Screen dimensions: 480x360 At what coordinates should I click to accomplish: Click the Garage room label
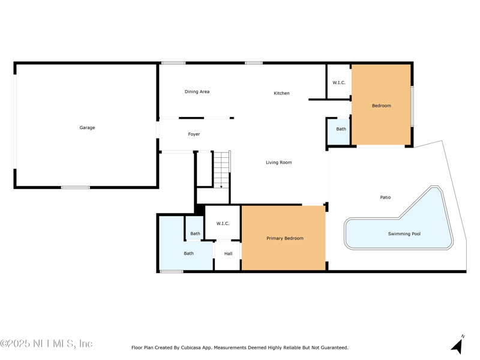pyautogui.click(x=87, y=128)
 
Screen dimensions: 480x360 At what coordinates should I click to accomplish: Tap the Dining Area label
pyautogui.click(x=197, y=92)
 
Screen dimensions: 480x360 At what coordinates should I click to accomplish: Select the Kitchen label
pyautogui.click(x=281, y=93)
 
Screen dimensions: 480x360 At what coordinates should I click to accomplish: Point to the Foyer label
pyautogui.click(x=194, y=134)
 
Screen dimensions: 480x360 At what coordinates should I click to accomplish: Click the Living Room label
pyautogui.click(x=279, y=163)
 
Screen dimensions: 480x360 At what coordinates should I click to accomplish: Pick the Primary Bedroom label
pyautogui.click(x=285, y=238)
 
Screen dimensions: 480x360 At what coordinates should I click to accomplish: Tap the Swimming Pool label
pyautogui.click(x=404, y=234)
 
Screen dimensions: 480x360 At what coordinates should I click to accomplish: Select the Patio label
pyautogui.click(x=385, y=197)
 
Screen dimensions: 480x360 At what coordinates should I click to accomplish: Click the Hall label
pyautogui.click(x=229, y=253)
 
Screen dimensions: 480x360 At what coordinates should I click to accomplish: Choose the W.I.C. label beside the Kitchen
pyautogui.click(x=339, y=83)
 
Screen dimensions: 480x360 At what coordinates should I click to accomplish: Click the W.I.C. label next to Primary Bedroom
pyautogui.click(x=223, y=223)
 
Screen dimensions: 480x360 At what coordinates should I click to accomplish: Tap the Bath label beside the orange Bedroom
pyautogui.click(x=341, y=129)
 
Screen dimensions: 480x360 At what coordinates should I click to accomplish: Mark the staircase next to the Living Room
pyautogui.click(x=221, y=169)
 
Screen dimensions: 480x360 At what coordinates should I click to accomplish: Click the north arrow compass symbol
pyautogui.click(x=457, y=344)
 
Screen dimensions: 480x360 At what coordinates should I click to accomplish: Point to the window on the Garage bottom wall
pyautogui.click(x=76, y=187)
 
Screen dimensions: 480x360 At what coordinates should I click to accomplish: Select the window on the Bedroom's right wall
pyautogui.click(x=412, y=106)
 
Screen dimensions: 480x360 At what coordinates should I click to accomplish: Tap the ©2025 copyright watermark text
pyautogui.click(x=46, y=344)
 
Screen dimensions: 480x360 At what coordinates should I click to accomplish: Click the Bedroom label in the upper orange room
pyautogui.click(x=382, y=106)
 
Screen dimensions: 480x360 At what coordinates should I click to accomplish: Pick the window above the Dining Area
pyautogui.click(x=173, y=63)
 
